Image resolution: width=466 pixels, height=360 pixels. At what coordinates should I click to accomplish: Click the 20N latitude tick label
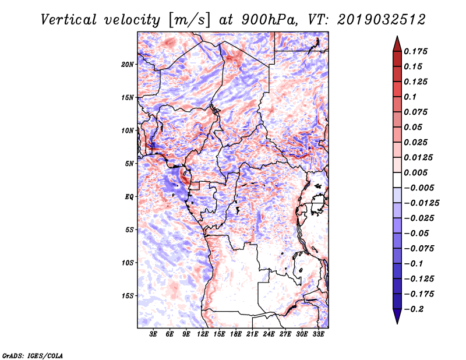coord(127,65)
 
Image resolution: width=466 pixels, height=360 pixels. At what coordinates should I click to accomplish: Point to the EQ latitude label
coord(129,197)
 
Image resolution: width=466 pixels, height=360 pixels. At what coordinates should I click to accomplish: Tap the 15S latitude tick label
coord(128,296)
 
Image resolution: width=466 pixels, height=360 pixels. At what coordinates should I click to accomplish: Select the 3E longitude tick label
coord(153,334)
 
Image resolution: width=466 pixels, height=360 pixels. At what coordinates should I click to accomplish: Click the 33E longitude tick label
coord(318,334)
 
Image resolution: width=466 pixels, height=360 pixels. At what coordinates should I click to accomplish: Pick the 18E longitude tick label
coord(236,334)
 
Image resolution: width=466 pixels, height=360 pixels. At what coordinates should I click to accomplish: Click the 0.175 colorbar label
coord(415,51)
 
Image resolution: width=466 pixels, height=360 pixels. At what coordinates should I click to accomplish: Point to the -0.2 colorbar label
coord(414,309)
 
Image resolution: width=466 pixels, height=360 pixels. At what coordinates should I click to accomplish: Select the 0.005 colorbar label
coord(415,172)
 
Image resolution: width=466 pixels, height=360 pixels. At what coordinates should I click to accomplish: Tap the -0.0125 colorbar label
coord(421,203)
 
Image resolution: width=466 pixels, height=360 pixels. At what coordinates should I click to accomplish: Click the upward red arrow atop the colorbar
coord(397,44)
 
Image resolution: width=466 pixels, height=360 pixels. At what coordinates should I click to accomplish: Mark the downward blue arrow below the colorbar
coord(397,316)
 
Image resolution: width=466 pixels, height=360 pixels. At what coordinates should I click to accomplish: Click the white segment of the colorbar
coord(397,180)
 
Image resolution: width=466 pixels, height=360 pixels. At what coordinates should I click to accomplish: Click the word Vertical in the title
coord(69,20)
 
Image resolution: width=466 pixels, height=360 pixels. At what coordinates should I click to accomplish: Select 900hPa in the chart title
coord(269,20)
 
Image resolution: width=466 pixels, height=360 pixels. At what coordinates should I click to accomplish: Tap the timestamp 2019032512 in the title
coord(382,20)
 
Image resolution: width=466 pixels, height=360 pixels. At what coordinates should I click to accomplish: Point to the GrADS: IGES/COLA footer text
coord(33,355)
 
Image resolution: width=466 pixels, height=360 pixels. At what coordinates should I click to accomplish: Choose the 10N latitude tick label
coord(127,130)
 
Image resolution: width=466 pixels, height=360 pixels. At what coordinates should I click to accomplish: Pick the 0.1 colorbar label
coord(410,97)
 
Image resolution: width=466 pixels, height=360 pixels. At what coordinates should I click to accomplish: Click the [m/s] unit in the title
coord(189,20)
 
